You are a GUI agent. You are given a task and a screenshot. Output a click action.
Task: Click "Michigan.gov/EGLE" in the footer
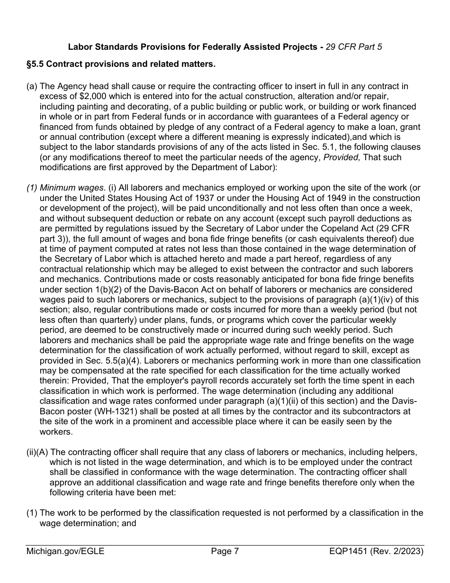65,551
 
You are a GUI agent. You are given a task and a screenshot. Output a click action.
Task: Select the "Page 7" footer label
225,551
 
